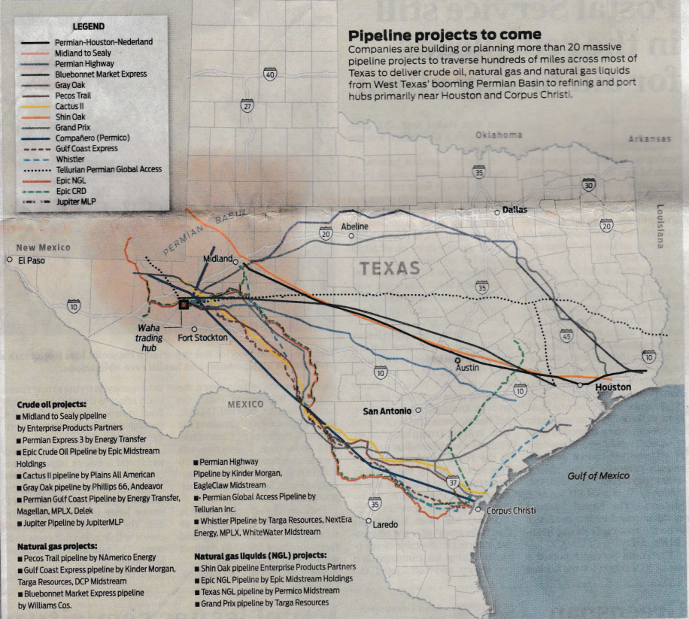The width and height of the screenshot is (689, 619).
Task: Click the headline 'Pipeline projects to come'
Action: tap(443, 35)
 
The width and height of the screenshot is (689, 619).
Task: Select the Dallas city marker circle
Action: tap(496, 212)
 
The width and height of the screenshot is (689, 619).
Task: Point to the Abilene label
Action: tap(355, 226)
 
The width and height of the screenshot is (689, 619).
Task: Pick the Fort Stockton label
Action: tap(202, 338)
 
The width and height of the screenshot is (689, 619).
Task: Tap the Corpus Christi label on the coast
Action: tap(511, 511)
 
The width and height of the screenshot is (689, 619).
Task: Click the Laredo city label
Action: tap(384, 524)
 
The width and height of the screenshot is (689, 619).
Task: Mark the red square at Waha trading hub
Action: tap(183, 304)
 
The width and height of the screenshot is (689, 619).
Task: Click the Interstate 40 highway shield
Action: tap(270, 74)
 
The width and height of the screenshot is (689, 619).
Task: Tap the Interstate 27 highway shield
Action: tap(246, 107)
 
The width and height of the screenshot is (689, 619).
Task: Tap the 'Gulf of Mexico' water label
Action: tap(599, 475)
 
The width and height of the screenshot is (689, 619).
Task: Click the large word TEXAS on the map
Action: tap(389, 268)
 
